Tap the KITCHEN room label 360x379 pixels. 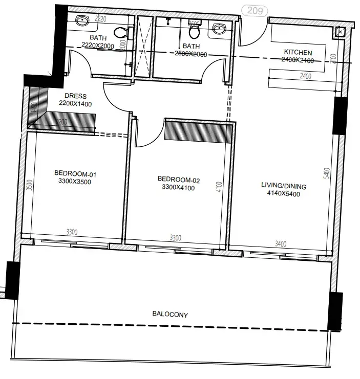298,53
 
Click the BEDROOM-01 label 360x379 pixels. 75,174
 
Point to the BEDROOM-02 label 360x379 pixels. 178,180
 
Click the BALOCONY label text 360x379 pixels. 170,315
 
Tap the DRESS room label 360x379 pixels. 75,96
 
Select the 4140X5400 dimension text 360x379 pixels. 281,194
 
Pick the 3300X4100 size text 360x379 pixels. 178,187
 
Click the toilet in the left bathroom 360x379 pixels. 120,32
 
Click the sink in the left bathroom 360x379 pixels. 82,21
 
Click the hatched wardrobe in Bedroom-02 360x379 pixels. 197,130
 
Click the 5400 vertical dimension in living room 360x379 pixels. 326,175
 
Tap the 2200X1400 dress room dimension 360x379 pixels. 75,104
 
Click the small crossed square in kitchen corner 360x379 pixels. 341,32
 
